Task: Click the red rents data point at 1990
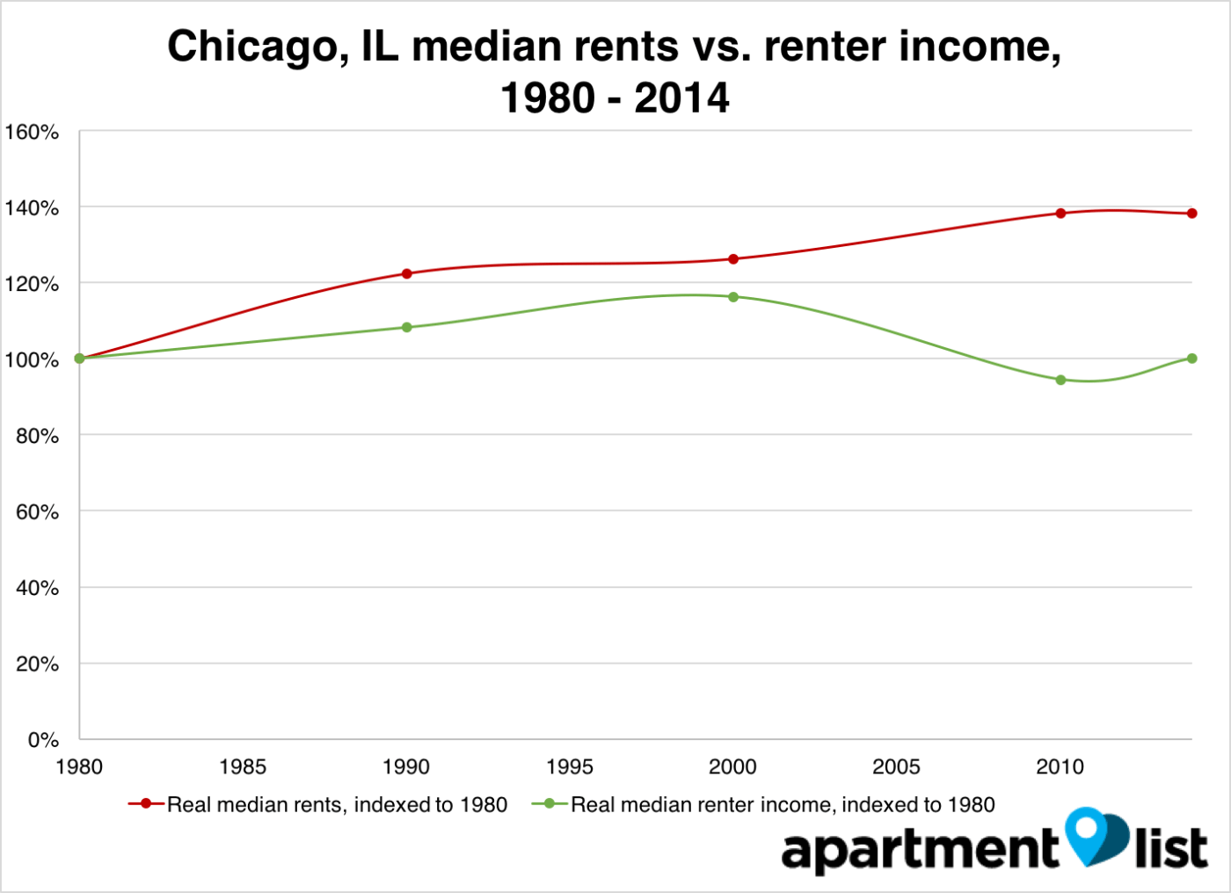[x=406, y=273]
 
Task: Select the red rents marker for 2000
[x=733, y=259]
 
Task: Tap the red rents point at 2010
[x=1060, y=214]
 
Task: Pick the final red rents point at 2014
[x=1191, y=214]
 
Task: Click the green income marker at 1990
[x=406, y=327]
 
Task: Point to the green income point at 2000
[x=733, y=297]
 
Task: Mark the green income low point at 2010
[x=1060, y=380]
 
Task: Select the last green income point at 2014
[x=1191, y=359]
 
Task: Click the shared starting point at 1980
[x=79, y=359]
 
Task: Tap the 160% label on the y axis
[x=32, y=133]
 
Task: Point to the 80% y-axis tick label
[x=37, y=436]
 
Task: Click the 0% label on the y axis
[x=43, y=740]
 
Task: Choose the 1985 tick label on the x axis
[x=243, y=767]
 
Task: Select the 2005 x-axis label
[x=896, y=767]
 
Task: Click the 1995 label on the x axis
[x=569, y=767]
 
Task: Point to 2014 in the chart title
[x=681, y=98]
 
